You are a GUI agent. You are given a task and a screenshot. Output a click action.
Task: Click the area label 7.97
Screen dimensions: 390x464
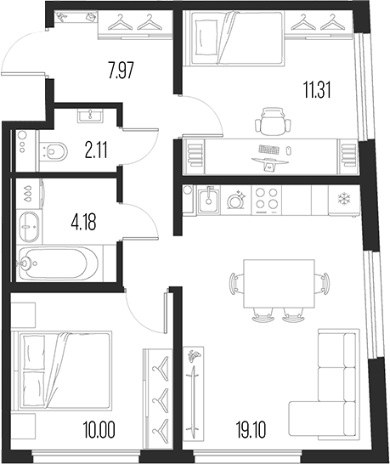[122, 71]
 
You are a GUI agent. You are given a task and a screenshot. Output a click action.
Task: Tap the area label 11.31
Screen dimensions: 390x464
[317, 90]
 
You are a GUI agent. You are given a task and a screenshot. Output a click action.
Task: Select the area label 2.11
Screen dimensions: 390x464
[96, 150]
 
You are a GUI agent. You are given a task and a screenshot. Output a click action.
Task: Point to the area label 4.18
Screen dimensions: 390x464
[84, 223]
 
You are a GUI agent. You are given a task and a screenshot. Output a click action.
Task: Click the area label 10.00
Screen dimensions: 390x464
[99, 430]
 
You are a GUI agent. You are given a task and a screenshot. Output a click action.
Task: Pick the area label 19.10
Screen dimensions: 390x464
[251, 430]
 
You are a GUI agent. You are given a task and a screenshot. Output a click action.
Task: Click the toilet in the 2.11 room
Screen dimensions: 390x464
[54, 151]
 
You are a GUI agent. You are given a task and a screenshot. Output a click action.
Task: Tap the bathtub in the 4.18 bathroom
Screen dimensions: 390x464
[59, 263]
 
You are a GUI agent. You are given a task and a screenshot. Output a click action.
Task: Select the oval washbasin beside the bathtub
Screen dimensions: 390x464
[29, 227]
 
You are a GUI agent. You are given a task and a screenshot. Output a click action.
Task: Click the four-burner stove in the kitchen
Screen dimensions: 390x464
[267, 200]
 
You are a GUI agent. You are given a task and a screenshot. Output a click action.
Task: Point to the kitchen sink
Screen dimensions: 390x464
[209, 200]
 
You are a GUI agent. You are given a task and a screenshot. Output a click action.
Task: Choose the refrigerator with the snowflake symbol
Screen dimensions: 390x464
[344, 201]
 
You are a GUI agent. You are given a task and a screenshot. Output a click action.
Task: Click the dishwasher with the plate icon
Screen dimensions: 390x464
[236, 201]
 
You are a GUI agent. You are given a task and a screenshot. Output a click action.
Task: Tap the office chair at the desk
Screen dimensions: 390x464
[273, 121]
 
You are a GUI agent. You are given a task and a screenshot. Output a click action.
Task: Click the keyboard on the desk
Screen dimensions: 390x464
[268, 150]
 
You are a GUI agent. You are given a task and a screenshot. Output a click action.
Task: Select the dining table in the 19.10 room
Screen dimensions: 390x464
[279, 284]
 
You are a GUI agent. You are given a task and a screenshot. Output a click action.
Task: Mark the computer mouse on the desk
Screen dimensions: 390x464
[288, 150]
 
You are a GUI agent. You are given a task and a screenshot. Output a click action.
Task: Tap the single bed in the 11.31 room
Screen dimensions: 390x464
[233, 37]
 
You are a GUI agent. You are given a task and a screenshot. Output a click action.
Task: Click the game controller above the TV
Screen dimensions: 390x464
[194, 356]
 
